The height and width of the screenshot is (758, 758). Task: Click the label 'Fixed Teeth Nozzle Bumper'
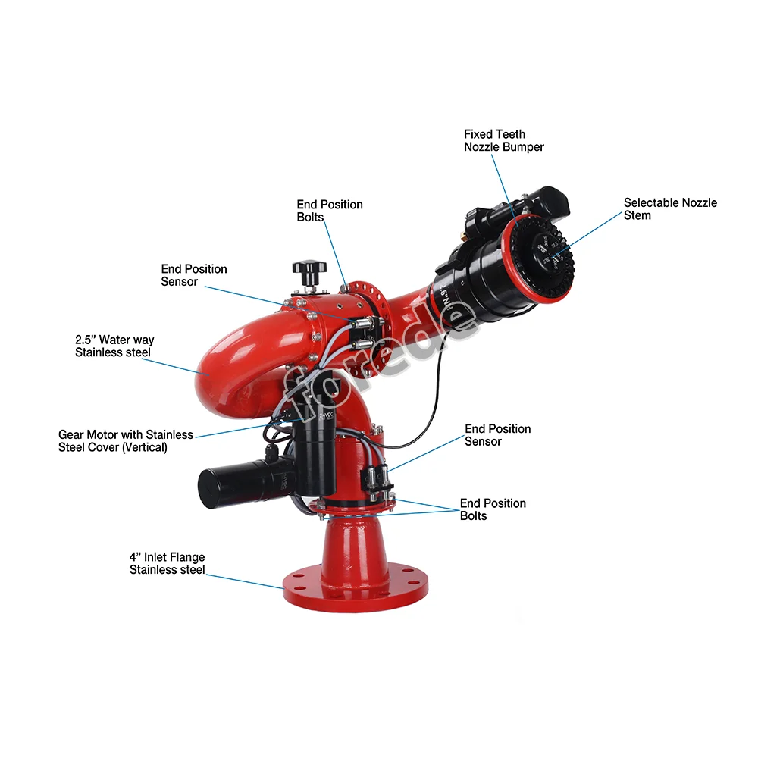(x=503, y=140)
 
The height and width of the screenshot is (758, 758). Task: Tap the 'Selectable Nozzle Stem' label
(x=669, y=208)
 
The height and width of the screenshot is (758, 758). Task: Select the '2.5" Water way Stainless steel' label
(x=114, y=346)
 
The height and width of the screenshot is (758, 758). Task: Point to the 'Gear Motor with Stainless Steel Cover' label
(x=125, y=441)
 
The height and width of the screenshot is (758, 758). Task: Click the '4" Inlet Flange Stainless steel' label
(x=167, y=563)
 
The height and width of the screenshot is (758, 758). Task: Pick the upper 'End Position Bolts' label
(x=329, y=211)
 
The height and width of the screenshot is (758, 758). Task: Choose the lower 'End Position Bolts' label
(x=492, y=509)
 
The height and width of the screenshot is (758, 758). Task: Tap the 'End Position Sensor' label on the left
(x=193, y=275)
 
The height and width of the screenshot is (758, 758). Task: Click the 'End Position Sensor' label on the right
(x=497, y=435)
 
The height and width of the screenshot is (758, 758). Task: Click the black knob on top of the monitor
(x=309, y=270)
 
